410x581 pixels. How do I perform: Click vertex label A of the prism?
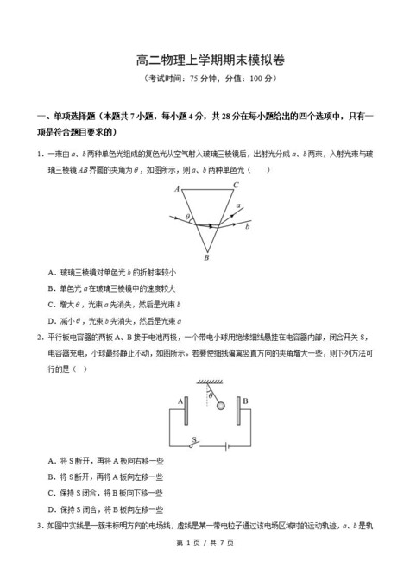tap(176, 188)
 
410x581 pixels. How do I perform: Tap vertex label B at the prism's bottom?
tap(205, 256)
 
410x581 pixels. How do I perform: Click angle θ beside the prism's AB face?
tap(187, 216)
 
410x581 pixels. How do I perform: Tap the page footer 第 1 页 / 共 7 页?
tap(205, 565)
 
